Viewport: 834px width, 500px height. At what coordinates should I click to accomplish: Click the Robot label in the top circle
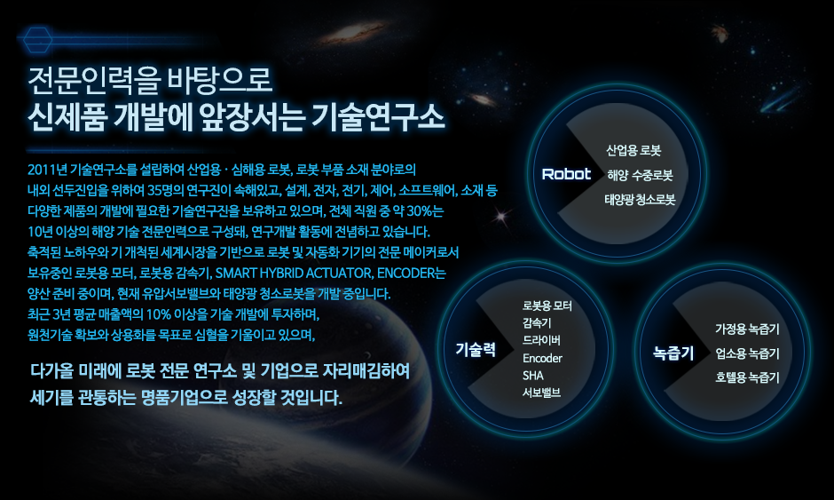tap(566, 174)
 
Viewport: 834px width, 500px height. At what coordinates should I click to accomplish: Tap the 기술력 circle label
tap(476, 350)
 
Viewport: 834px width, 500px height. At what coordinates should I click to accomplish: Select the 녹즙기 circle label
tap(673, 353)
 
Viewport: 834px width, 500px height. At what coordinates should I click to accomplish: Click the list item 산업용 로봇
tap(633, 151)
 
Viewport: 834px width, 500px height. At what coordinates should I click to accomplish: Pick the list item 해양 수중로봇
tap(641, 175)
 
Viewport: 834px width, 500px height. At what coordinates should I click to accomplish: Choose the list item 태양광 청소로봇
tap(640, 200)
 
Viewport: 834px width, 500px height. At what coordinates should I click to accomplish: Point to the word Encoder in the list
tap(542, 359)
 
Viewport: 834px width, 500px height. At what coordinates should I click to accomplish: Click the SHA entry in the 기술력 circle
tap(533, 376)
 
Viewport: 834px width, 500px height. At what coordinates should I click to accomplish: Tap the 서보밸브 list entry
tap(541, 393)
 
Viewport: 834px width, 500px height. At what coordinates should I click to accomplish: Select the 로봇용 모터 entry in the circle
tap(547, 306)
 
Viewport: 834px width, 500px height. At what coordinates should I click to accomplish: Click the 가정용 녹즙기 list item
tap(747, 329)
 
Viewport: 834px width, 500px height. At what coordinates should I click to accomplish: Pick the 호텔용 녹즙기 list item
tap(747, 377)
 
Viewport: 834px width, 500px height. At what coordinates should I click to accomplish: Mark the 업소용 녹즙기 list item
tap(747, 353)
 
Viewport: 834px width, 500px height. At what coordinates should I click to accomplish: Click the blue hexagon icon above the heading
tap(37, 39)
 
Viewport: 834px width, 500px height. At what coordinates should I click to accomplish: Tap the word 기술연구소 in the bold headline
tap(378, 116)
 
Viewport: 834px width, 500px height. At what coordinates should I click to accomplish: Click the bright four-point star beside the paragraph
tap(500, 216)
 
